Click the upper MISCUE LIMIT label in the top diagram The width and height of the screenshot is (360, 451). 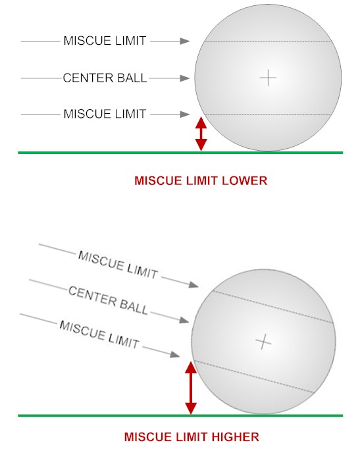coord(105,41)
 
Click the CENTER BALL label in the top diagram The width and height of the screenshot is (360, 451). coord(105,78)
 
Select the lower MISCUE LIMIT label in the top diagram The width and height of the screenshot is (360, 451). coord(105,114)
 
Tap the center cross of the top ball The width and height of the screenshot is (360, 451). coord(268,78)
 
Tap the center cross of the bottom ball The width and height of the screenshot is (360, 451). coord(263,342)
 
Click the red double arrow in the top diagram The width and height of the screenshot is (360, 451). coord(201,134)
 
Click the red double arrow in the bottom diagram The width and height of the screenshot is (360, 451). coord(191,388)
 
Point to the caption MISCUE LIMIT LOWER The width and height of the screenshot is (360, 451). coord(201,180)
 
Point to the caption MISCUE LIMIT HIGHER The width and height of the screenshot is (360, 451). coord(192,437)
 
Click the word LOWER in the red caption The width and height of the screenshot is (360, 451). coord(244,180)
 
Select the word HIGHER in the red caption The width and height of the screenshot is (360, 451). coord(235,437)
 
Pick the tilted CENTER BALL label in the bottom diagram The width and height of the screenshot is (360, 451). coord(108,300)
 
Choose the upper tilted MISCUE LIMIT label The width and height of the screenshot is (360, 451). coord(118,265)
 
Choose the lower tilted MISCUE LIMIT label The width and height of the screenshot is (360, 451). coord(99,334)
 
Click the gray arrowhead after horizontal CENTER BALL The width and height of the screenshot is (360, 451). coord(185,78)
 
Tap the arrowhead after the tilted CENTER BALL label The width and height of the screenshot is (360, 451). coord(184,320)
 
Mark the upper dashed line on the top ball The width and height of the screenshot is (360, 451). coord(268,41)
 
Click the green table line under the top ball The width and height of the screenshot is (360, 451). coord(180,153)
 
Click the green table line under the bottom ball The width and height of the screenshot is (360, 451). coord(180,415)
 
